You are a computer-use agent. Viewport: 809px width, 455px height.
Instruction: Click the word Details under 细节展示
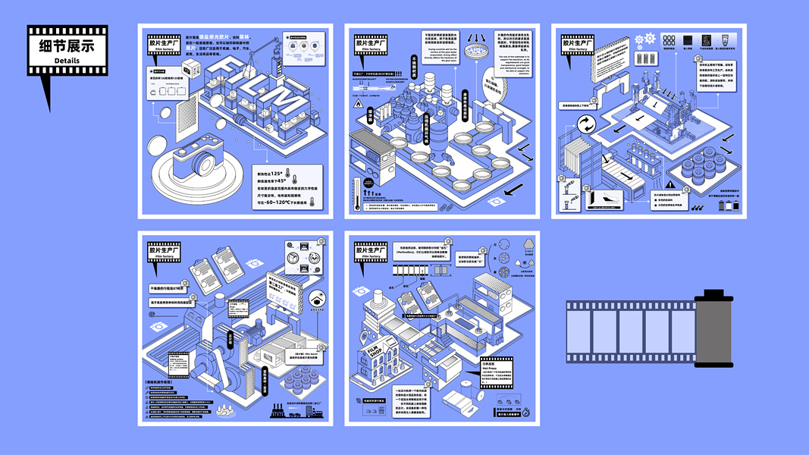[x=67, y=61]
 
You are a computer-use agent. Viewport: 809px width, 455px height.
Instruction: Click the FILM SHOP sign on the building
[x=376, y=353]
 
